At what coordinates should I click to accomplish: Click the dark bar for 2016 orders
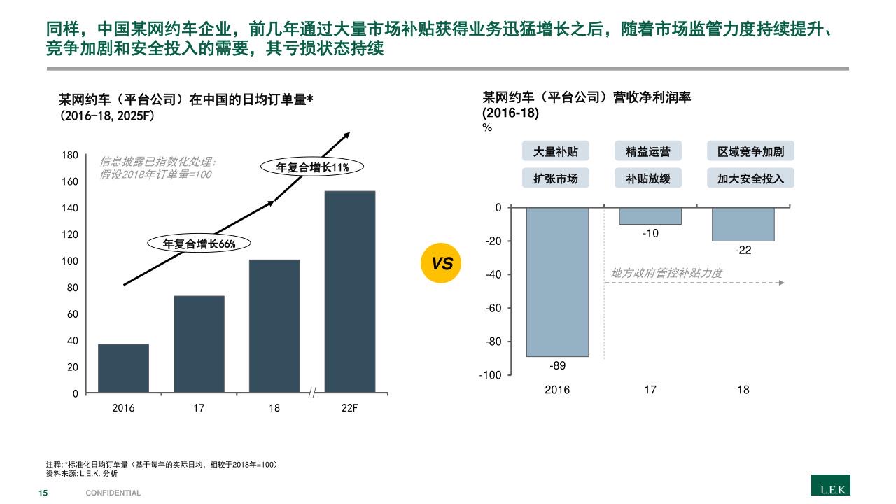tap(123, 368)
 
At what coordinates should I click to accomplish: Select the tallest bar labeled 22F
tap(350, 291)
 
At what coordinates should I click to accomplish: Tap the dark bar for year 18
tap(274, 326)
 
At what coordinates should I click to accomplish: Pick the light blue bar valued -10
tap(650, 216)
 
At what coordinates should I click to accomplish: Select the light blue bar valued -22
tap(743, 224)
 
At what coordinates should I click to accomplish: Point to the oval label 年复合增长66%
tap(199, 244)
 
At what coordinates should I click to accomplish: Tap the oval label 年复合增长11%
tap(312, 167)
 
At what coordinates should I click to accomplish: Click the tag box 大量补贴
tap(556, 152)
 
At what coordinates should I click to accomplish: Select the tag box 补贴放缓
tap(648, 178)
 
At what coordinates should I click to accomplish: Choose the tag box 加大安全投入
tap(750, 178)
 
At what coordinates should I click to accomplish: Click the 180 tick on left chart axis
tap(71, 155)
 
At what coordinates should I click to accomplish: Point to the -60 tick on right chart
tap(493, 308)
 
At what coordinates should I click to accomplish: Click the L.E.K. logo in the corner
tap(830, 485)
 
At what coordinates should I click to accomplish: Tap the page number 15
tap(43, 493)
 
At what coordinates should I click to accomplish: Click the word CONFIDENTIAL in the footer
tap(113, 493)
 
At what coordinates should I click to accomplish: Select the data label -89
tap(557, 365)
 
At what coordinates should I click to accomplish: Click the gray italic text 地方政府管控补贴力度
tap(666, 273)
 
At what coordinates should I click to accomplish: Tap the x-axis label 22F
tap(349, 408)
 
